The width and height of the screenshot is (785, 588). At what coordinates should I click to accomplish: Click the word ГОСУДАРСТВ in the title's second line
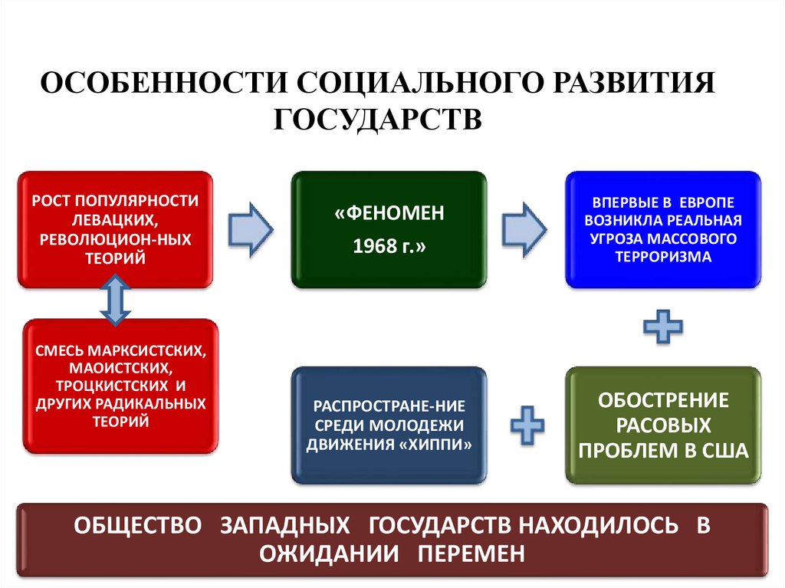377,120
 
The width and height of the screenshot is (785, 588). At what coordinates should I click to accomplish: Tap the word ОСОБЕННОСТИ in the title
162,84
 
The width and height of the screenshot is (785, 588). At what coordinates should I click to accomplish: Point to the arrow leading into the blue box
525,228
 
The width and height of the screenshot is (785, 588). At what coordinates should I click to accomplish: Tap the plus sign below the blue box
663,328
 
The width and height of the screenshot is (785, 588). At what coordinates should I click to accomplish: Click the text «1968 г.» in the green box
389,247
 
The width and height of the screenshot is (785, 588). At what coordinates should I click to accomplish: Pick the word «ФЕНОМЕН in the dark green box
389,212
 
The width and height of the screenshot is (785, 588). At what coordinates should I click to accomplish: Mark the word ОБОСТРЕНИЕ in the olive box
663,399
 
